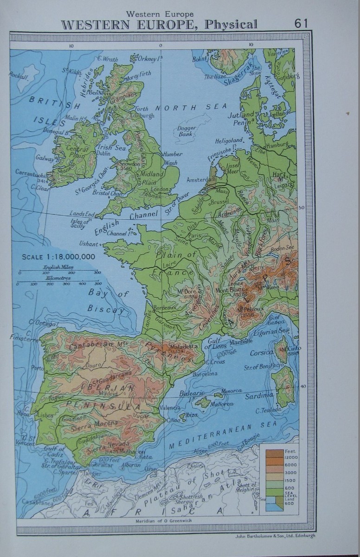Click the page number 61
(x=301, y=23)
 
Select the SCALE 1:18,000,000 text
(x=58, y=257)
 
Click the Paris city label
(x=195, y=235)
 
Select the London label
(x=160, y=189)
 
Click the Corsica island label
(x=262, y=353)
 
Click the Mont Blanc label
(x=230, y=291)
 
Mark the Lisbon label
(x=45, y=415)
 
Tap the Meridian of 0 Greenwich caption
(x=161, y=520)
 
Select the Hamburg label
(x=277, y=144)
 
